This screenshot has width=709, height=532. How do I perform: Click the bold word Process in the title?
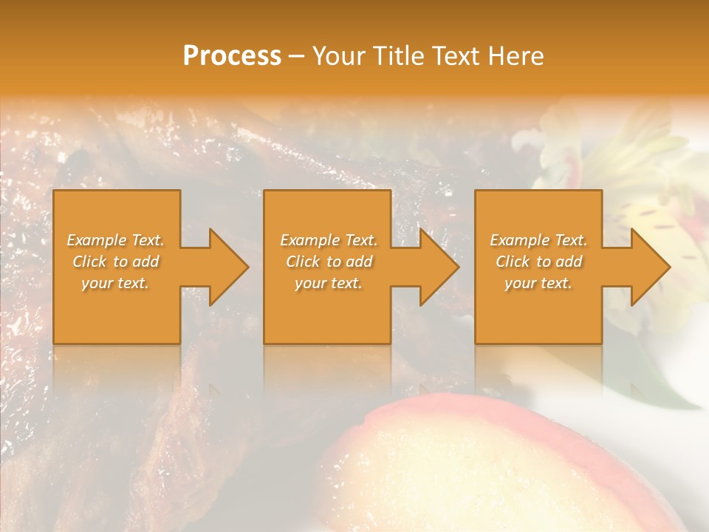[x=232, y=56]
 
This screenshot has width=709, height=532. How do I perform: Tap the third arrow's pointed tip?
[x=669, y=267]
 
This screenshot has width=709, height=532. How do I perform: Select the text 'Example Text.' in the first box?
[x=116, y=240]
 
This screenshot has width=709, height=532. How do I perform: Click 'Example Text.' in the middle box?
[x=329, y=240]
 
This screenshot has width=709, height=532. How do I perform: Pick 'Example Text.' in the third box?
[x=538, y=240]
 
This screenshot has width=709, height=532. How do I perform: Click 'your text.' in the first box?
[x=115, y=283]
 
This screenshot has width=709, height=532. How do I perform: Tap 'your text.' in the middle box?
[x=328, y=283]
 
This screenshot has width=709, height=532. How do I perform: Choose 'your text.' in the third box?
[x=538, y=283]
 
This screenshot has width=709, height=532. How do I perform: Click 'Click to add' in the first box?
[x=116, y=262]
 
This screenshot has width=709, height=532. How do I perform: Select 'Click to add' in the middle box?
[x=329, y=262]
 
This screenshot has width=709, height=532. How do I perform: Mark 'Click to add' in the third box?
[x=538, y=262]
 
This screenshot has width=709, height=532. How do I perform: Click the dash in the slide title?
[x=296, y=57]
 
